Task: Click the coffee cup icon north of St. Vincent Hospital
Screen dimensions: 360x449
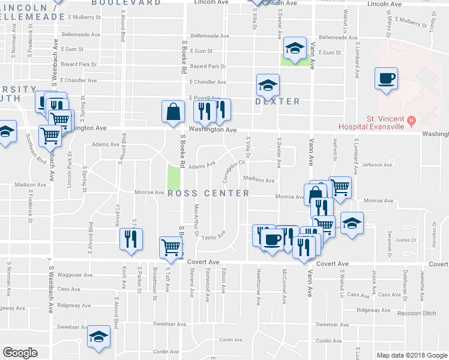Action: (x=386, y=77)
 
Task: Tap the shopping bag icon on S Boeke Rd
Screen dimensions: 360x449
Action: (x=173, y=112)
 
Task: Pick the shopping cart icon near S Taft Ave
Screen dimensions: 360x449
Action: (x=171, y=246)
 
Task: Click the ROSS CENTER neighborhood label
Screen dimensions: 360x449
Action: (x=208, y=193)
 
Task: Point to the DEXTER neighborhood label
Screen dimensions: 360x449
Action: (x=277, y=101)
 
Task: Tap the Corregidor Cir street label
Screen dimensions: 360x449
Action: (x=235, y=170)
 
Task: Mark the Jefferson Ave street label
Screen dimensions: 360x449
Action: (x=376, y=165)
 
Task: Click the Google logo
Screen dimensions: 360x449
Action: (x=20, y=353)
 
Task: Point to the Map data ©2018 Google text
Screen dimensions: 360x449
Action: (x=411, y=355)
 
